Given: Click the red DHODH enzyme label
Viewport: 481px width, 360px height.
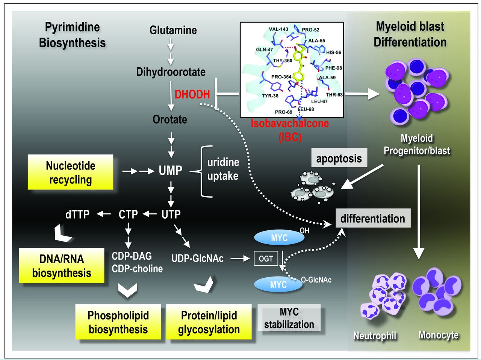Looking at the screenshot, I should pos(192,94).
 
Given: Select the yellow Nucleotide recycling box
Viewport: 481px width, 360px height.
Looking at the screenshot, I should pos(71,172).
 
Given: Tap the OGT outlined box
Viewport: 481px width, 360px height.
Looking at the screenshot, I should pos(266,259).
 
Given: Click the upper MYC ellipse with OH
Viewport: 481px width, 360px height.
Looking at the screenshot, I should pos(279,237).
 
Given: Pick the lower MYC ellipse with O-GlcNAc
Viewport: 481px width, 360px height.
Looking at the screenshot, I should pos(278,284).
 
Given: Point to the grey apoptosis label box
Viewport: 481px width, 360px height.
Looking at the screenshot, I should pos(339,158).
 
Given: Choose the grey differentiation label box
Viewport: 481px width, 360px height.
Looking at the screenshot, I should pos(372,218).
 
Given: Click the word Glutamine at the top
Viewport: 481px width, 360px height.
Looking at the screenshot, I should pos(173,30).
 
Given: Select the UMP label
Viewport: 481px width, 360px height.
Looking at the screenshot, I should pos(170,171).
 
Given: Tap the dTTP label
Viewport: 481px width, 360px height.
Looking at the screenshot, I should pos(77,215).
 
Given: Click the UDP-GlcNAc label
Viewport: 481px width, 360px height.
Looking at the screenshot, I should pos(197,259).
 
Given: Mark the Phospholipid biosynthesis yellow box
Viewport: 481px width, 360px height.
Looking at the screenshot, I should pos(118,322).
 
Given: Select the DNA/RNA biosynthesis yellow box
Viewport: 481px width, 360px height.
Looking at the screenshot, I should pos(62,266).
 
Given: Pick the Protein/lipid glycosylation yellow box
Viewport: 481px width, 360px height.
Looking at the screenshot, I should pos(209,322).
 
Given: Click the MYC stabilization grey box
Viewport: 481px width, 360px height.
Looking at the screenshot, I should pos(289,318).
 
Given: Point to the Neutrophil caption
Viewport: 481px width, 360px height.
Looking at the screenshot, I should pos(375,336).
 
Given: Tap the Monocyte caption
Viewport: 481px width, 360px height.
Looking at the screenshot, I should pos(439,334).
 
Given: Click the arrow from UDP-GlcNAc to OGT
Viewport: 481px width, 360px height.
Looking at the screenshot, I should pos(240,259).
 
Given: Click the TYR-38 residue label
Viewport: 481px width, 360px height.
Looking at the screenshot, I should pos(270,95).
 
